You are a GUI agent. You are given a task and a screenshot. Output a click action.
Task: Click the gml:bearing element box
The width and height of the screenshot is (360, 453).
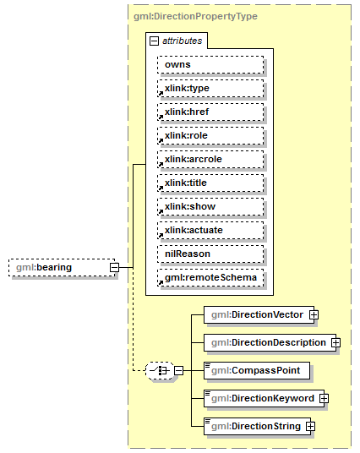point(56,268)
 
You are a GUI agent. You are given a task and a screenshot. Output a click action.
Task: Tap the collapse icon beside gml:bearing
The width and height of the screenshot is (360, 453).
point(113,268)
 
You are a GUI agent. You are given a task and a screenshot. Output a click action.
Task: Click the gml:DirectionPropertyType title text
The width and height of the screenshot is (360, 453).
point(195,16)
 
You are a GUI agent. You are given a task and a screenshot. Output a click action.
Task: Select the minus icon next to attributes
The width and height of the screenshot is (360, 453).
point(154,41)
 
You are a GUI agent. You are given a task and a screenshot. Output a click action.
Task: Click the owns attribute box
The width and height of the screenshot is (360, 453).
point(210,64)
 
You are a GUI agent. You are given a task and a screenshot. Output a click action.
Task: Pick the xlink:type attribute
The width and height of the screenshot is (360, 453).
point(210,88)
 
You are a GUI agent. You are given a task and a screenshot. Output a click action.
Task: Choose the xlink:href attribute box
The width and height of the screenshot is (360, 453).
point(210,112)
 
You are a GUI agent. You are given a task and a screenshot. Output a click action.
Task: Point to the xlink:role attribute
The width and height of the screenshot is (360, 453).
point(210,135)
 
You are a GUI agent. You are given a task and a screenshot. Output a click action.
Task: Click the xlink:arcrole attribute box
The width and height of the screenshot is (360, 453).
point(210,159)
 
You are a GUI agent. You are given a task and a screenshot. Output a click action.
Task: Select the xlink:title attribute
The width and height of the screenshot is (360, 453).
point(210,183)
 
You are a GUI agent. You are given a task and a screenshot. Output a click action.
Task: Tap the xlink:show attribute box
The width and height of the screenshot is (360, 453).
point(210,206)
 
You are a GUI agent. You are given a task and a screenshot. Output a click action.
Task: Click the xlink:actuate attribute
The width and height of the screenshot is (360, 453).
point(210,230)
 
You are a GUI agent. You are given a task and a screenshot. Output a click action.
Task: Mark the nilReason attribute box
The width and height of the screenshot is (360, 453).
point(210,254)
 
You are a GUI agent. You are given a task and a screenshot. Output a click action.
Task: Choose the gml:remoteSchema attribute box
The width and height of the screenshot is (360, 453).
point(210,277)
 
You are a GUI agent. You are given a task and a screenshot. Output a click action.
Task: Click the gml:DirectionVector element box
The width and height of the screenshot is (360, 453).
point(257,315)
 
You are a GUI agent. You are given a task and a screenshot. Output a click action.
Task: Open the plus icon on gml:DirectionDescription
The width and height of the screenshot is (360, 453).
point(335,342)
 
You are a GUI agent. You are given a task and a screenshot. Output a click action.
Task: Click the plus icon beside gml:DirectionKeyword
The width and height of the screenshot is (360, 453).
point(324,398)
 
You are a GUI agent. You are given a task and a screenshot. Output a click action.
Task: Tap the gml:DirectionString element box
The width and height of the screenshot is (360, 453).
point(255,426)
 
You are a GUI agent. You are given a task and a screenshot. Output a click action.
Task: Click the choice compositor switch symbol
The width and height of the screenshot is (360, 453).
point(158,370)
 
